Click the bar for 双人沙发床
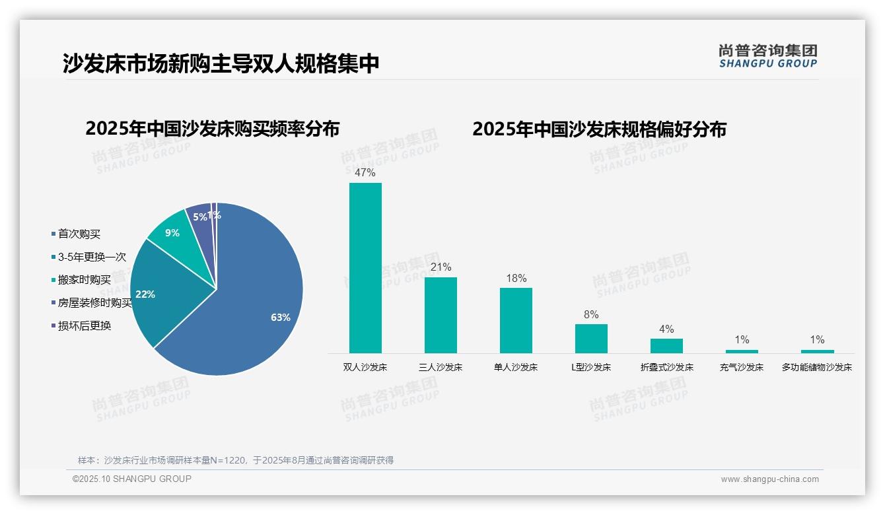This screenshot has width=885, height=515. point(365,267)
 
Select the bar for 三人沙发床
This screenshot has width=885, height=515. point(441,315)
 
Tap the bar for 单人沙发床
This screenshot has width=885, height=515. point(516,320)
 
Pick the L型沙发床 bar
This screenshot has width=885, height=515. point(591,338)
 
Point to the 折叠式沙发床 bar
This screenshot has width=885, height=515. point(666,345)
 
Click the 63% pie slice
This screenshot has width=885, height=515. point(251,310)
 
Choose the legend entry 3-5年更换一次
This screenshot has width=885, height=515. point(91,257)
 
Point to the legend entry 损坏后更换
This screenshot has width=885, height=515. point(84,326)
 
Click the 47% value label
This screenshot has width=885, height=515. point(365,173)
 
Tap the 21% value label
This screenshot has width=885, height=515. point(441,267)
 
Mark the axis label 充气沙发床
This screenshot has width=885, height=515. point(742,367)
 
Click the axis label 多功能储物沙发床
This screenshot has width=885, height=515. point(817,367)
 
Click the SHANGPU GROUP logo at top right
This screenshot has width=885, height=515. point(768,56)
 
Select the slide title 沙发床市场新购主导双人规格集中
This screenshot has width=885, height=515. point(221,63)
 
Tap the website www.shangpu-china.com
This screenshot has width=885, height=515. point(769,479)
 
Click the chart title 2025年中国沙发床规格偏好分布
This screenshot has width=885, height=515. point(599,129)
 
